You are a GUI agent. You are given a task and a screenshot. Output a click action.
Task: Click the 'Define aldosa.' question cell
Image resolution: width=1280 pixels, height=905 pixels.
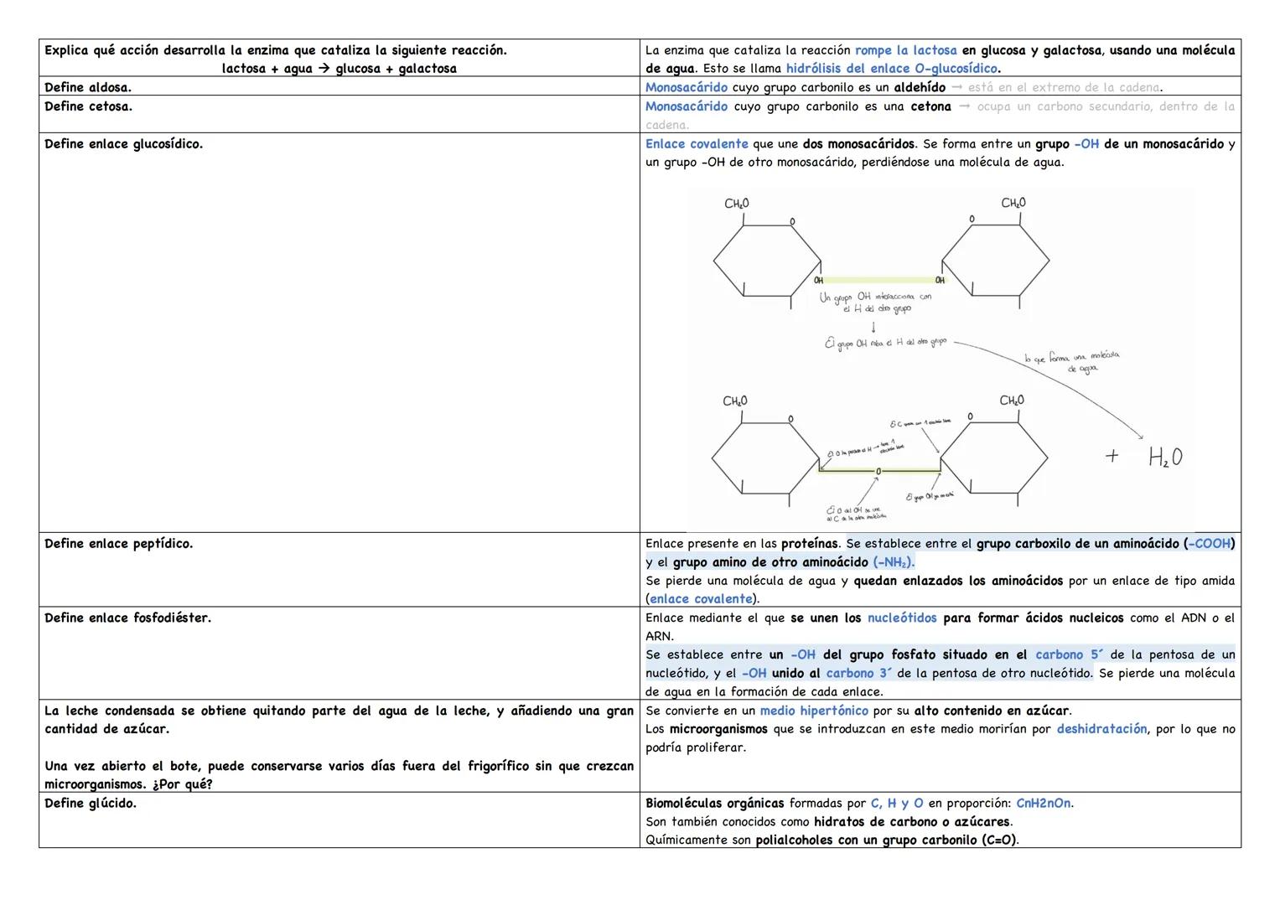[88, 87]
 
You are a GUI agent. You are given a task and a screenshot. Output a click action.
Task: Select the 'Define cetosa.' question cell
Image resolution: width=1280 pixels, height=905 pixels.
[88, 106]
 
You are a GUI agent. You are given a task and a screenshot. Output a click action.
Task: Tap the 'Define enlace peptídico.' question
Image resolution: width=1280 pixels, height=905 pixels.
[118, 544]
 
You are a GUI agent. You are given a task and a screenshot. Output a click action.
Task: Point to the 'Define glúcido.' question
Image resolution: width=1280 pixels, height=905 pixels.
[90, 804]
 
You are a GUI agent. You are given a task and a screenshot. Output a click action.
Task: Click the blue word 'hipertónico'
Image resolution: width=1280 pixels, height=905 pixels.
[814, 711]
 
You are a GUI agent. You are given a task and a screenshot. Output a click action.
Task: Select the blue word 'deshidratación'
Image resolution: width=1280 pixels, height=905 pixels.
[1101, 729]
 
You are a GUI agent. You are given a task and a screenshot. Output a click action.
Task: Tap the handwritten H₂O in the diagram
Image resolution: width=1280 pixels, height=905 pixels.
[1165, 458]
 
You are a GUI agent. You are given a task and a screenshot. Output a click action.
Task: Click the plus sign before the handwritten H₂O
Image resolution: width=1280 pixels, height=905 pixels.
[1112, 456]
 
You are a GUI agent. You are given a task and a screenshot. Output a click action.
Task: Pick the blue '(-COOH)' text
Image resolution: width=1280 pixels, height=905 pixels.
[1209, 544]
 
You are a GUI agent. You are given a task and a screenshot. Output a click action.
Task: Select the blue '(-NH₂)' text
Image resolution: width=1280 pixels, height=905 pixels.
[894, 562]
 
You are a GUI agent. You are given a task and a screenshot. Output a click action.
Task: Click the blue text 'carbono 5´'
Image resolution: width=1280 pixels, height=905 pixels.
[1070, 654]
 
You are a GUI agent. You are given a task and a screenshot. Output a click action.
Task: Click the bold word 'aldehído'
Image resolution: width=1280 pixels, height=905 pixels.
[920, 87]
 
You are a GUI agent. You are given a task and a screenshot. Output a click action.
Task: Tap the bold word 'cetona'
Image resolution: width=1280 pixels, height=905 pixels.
[930, 106]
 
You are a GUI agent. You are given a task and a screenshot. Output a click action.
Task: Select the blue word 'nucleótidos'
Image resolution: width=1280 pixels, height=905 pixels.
[902, 618]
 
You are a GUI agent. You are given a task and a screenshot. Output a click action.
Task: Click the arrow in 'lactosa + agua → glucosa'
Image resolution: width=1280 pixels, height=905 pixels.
[324, 69]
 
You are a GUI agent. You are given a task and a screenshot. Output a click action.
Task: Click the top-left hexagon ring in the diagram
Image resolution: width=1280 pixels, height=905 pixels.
[767, 261]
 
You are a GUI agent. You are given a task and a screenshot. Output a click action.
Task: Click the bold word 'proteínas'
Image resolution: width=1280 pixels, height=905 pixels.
[809, 544]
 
